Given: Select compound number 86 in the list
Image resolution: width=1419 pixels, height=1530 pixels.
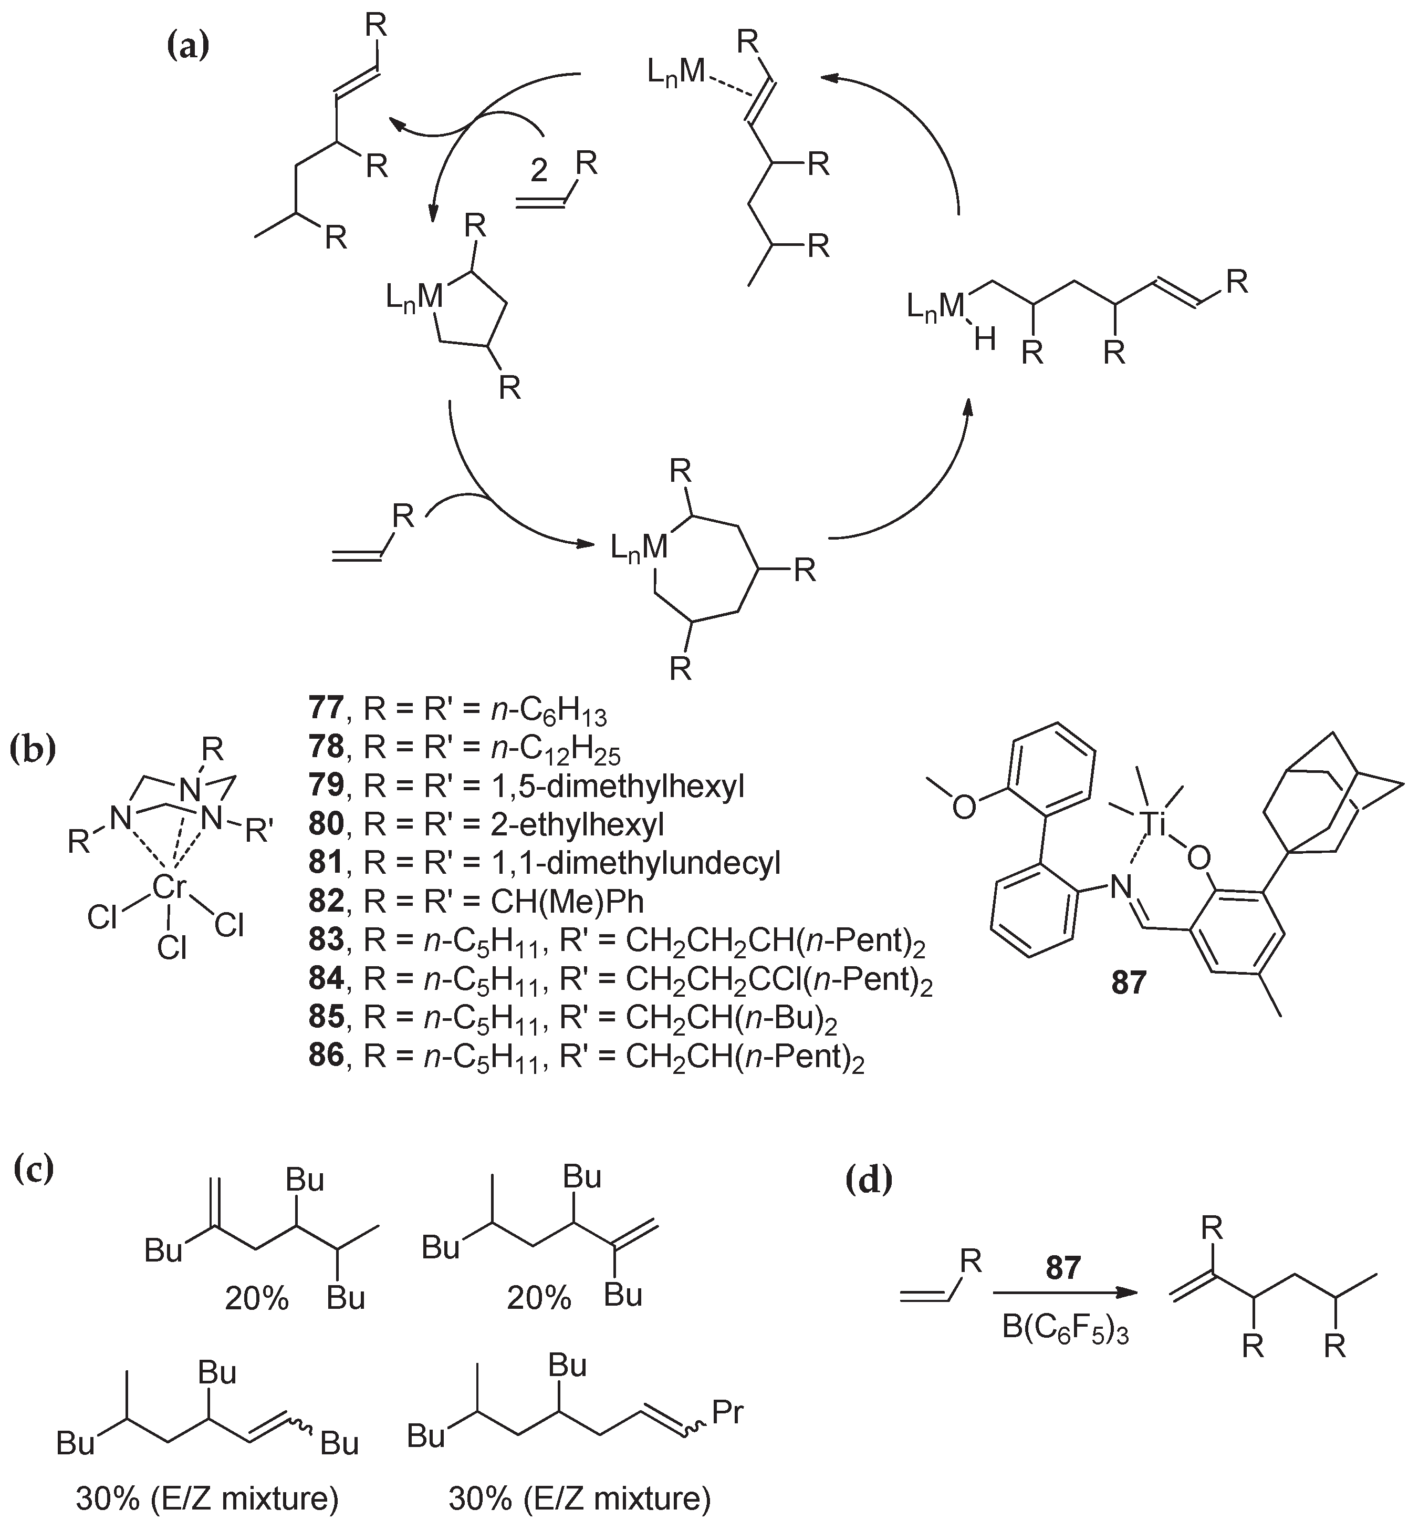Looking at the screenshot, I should pos(326,1056).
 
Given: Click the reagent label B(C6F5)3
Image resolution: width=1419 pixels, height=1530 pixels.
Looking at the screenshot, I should pos(1065,1330).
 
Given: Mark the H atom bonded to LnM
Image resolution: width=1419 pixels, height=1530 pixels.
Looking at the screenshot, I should pos(984,339).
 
